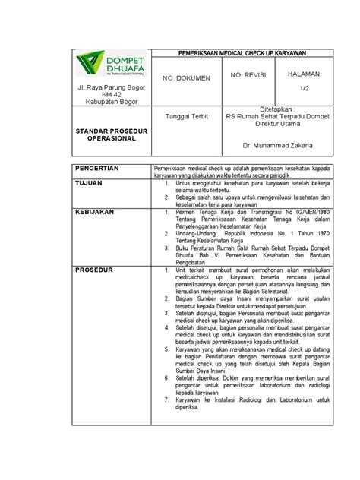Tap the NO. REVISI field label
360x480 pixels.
pyautogui.click(x=248, y=75)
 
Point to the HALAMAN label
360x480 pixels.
pyautogui.click(x=303, y=74)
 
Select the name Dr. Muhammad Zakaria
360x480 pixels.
pyautogui.click(x=277, y=145)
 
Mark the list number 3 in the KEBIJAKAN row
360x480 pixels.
pyautogui.click(x=167, y=248)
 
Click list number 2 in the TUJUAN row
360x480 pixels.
pyautogui.click(x=167, y=196)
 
